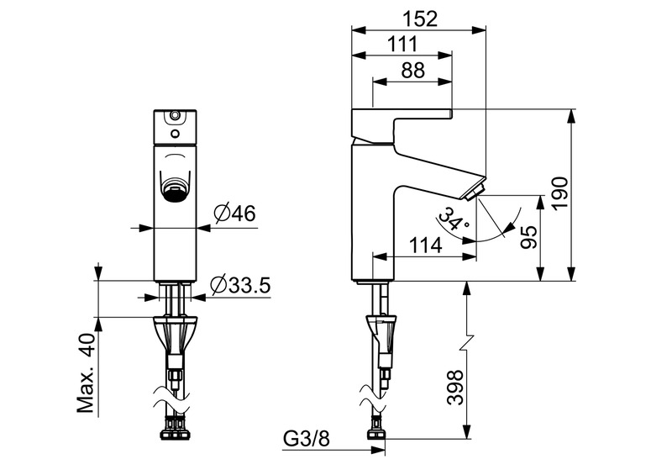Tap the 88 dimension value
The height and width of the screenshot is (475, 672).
pyautogui.click(x=412, y=71)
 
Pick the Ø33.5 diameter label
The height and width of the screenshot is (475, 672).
pyautogui.click(x=239, y=285)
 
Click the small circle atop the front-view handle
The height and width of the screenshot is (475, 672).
pyautogui.click(x=174, y=115)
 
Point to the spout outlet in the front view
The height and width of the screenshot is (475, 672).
pyautogui.click(x=175, y=189)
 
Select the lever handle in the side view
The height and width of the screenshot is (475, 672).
pyautogui.click(x=402, y=123)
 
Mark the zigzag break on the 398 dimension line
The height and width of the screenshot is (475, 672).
pyautogui.click(x=465, y=344)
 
